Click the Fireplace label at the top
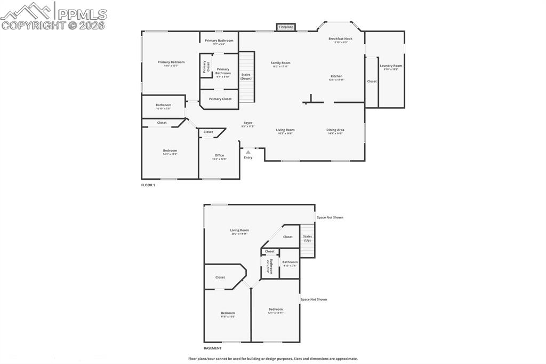pyautogui.click(x=286, y=27)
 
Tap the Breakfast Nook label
pyautogui.click(x=340, y=39)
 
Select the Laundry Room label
pyautogui.click(x=391, y=66)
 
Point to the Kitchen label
pyautogui.click(x=336, y=76)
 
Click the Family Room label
pyautogui.click(x=280, y=63)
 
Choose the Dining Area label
pyautogui.click(x=335, y=130)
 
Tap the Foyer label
pyautogui.click(x=248, y=123)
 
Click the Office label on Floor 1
pyautogui.click(x=219, y=155)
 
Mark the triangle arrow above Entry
pyautogui.click(x=248, y=152)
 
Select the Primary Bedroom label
pyautogui.click(x=171, y=62)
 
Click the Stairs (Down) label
pyautogui.click(x=246, y=76)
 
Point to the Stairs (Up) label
pyautogui.click(x=307, y=238)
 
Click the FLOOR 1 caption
pyautogui.click(x=148, y=185)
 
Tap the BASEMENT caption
pyautogui.click(x=212, y=348)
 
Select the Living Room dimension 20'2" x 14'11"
pyautogui.click(x=239, y=234)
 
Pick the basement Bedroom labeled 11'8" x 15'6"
pyautogui.click(x=228, y=313)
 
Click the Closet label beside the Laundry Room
pyautogui.click(x=372, y=81)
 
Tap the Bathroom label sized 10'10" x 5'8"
pyautogui.click(x=163, y=105)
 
